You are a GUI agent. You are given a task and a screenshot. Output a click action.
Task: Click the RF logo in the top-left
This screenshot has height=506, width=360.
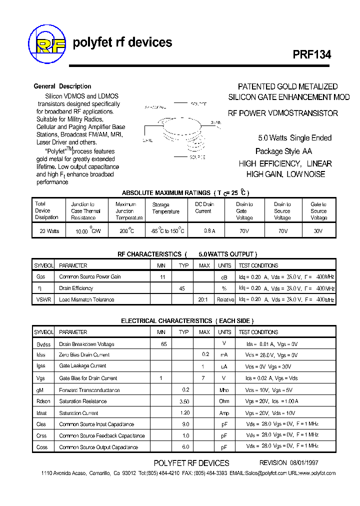click(47, 45)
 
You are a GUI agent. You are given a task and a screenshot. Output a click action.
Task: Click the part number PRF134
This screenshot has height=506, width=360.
click(311, 55)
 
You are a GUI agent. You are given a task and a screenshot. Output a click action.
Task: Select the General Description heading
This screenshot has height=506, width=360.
click(62, 86)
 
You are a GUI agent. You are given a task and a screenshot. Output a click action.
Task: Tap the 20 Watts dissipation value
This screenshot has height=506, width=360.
click(49, 231)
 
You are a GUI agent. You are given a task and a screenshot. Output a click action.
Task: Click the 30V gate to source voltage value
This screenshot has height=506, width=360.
click(318, 231)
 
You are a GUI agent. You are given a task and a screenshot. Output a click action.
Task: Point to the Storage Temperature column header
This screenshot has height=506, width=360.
click(165, 208)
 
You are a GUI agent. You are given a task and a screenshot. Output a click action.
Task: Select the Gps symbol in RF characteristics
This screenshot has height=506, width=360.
click(41, 276)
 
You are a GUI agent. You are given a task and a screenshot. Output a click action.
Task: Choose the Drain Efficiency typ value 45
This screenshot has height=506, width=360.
click(182, 288)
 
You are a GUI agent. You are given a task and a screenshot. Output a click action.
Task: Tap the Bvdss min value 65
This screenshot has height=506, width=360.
click(163, 344)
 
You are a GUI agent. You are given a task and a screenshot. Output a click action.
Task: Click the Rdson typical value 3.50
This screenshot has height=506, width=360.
click(183, 401)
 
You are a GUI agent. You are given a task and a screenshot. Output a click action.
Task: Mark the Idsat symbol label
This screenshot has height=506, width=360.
click(42, 413)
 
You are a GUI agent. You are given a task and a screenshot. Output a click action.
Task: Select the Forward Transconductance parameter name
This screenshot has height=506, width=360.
click(89, 390)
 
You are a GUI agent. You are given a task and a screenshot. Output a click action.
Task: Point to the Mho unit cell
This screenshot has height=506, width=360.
click(224, 390)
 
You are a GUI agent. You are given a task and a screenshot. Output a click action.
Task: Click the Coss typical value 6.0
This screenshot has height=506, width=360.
click(185, 447)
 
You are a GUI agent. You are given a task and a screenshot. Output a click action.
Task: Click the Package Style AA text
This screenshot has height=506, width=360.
click(283, 151)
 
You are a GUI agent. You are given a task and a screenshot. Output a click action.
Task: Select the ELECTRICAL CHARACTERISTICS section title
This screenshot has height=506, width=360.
click(187, 321)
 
